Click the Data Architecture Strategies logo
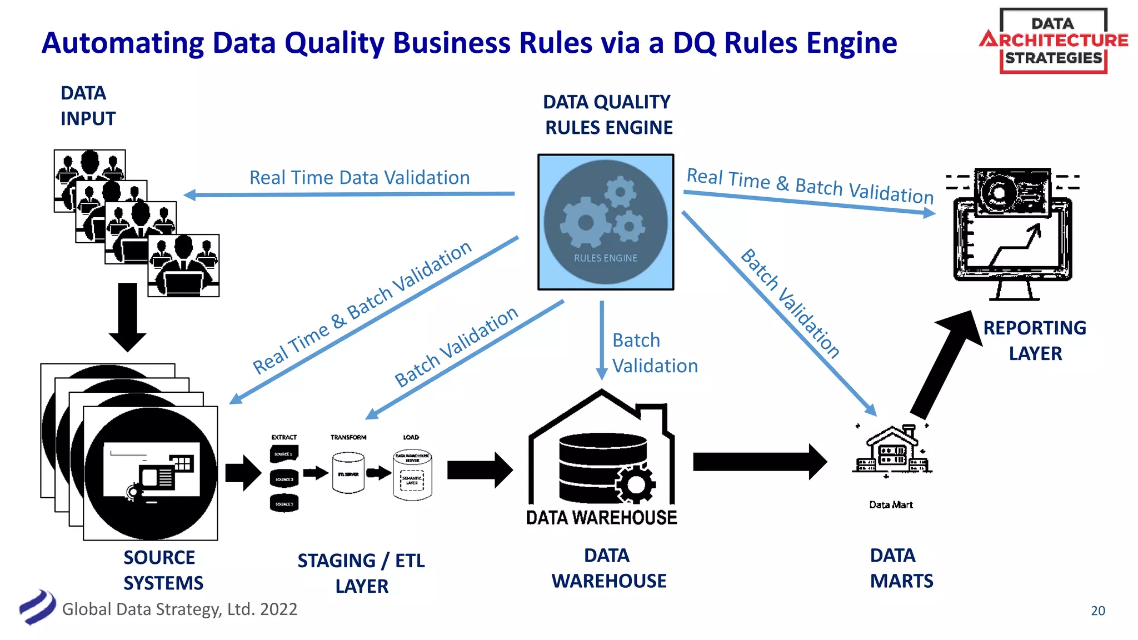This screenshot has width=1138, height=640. [x=1054, y=41]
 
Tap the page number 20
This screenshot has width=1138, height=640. [x=1097, y=611]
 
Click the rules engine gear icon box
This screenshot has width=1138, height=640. [x=606, y=222]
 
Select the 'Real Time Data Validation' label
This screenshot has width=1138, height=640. [x=360, y=178]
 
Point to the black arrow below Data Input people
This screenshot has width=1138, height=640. [x=128, y=317]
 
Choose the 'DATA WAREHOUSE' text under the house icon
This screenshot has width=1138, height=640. [x=602, y=518]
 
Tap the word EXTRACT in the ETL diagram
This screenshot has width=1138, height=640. [x=284, y=437]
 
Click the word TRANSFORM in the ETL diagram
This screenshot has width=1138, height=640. [x=348, y=437]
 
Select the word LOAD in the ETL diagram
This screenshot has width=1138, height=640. [x=411, y=437]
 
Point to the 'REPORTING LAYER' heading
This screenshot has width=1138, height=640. [x=1035, y=341]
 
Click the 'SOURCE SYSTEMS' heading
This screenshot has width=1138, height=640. [x=163, y=570]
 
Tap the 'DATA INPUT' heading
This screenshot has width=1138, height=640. [x=87, y=106]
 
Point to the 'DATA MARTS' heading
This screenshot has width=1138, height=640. [x=901, y=568]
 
